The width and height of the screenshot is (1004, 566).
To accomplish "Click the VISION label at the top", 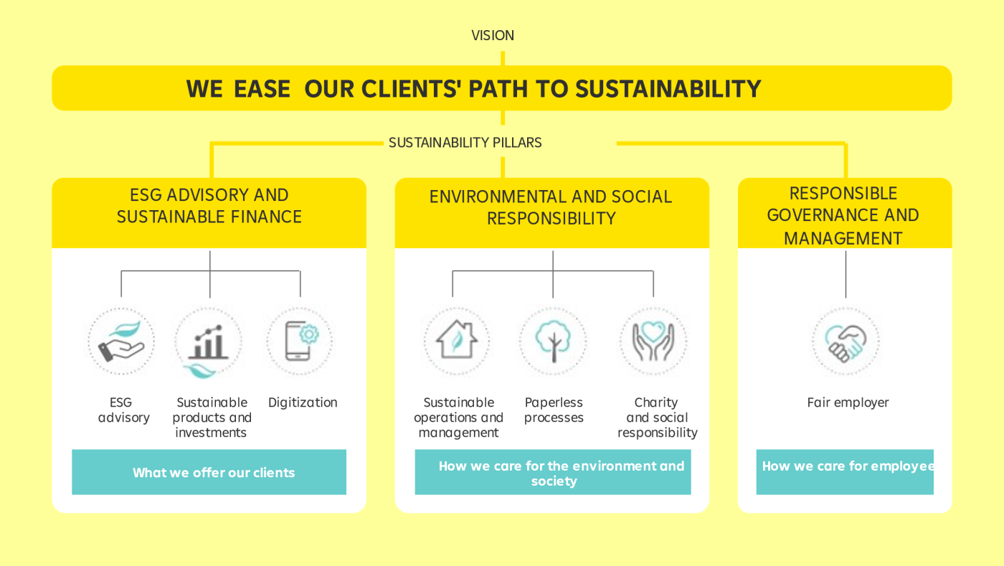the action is click(493, 35).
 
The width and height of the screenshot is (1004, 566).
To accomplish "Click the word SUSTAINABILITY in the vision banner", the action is click(668, 89).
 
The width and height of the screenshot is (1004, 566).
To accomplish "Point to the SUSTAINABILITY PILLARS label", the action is click(465, 143).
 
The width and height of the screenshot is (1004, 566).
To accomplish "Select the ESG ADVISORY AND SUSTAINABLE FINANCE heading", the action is click(209, 206).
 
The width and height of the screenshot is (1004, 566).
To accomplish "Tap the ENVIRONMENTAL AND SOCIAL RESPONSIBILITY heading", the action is click(551, 207).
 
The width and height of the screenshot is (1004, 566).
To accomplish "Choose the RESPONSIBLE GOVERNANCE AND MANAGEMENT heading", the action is click(843, 216).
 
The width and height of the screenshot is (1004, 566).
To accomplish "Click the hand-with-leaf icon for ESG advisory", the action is click(121, 341).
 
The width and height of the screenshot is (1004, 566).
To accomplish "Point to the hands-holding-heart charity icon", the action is click(653, 341).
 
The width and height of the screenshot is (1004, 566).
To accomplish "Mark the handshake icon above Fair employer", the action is click(846, 341).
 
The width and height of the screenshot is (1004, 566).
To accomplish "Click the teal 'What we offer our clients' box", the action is click(209, 472).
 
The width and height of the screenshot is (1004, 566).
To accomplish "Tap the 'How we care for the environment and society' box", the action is click(553, 472).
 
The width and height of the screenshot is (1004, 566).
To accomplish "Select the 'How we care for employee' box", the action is click(845, 472).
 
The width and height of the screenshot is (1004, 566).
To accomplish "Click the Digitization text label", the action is click(303, 402).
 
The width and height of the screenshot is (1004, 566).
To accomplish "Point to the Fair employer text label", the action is click(848, 402).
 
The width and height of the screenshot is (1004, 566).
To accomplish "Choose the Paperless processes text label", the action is click(554, 410).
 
